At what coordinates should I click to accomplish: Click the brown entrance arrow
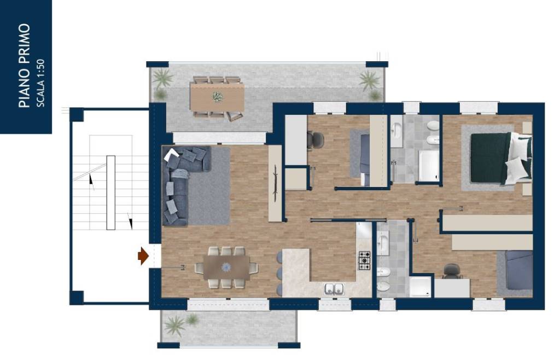143,256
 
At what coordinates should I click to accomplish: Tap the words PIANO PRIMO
24,66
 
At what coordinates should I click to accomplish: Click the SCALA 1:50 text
40,83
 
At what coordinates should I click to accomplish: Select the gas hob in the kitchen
364,260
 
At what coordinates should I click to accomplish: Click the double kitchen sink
334,289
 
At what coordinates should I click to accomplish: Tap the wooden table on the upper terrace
217,97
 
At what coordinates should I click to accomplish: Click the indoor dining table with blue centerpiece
226,268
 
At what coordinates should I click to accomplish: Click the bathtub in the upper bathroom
429,166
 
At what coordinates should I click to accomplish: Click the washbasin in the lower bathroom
383,243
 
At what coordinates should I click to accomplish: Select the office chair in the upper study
316,140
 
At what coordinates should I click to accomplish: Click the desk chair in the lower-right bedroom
452,271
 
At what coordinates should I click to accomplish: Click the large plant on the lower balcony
174,326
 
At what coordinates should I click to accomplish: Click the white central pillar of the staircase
110,193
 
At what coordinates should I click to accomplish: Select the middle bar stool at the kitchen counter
279,273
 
